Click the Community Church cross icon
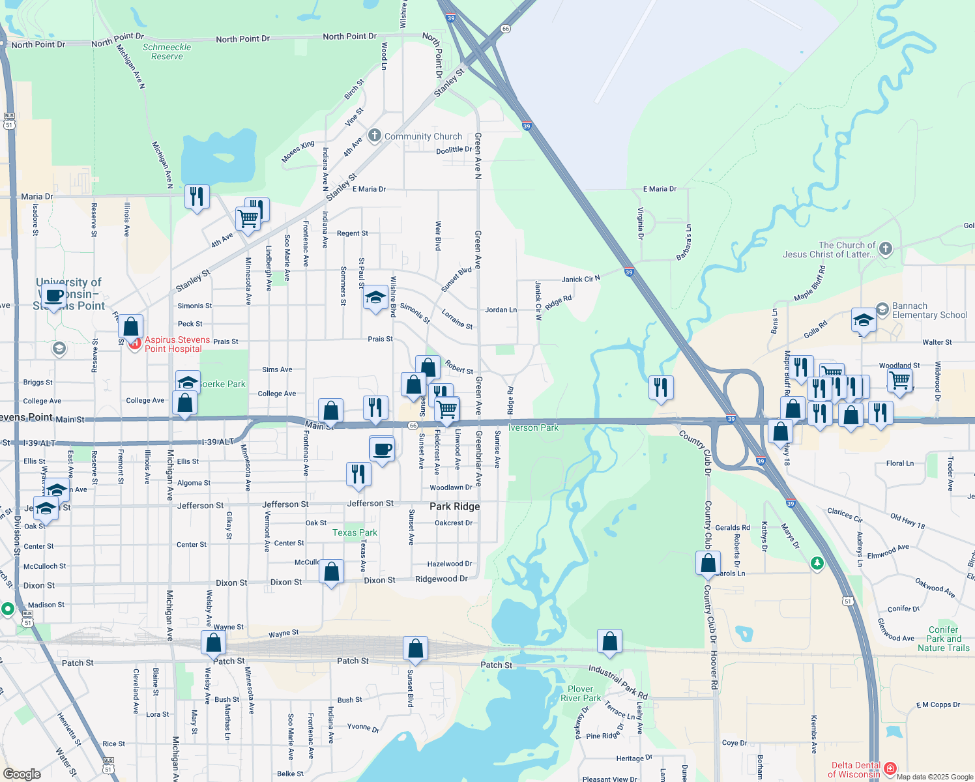pyautogui.click(x=374, y=136)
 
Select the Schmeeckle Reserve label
pyautogui.click(x=167, y=51)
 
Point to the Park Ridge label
pyautogui.click(x=454, y=506)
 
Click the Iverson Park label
pyautogui.click(x=533, y=427)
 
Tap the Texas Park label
pyautogui.click(x=355, y=532)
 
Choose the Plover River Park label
pyautogui.click(x=580, y=693)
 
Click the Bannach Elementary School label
pyautogui.click(x=929, y=310)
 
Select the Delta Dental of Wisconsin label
pyautogui.click(x=856, y=770)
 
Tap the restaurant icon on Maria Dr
pyautogui.click(x=197, y=196)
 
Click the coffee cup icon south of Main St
pyautogui.click(x=382, y=449)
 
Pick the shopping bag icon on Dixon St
pyautogui.click(x=331, y=572)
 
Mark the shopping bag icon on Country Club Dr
pyautogui.click(x=708, y=563)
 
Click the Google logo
pyautogui.click(x=22, y=774)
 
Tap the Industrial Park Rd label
pyautogui.click(x=618, y=681)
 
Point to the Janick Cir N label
pyautogui.click(x=581, y=279)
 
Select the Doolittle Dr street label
pyautogui.click(x=454, y=150)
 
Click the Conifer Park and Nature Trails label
pyautogui.click(x=943, y=639)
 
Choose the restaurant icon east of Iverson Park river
pyautogui.click(x=662, y=387)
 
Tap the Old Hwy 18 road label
pyautogui.click(x=907, y=521)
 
